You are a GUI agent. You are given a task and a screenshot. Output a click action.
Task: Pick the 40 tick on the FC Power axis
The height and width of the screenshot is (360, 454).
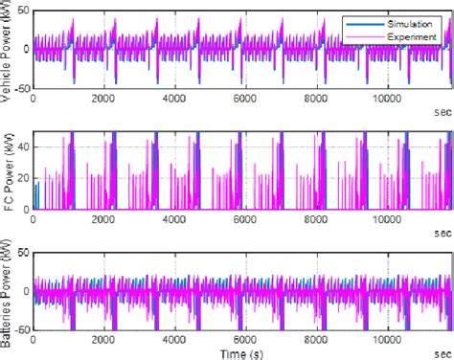coord(23,146)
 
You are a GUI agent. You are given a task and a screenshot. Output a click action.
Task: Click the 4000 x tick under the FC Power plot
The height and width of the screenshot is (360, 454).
coord(173,219)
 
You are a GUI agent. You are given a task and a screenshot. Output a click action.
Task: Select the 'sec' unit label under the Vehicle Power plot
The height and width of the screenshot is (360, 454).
coord(442,110)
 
